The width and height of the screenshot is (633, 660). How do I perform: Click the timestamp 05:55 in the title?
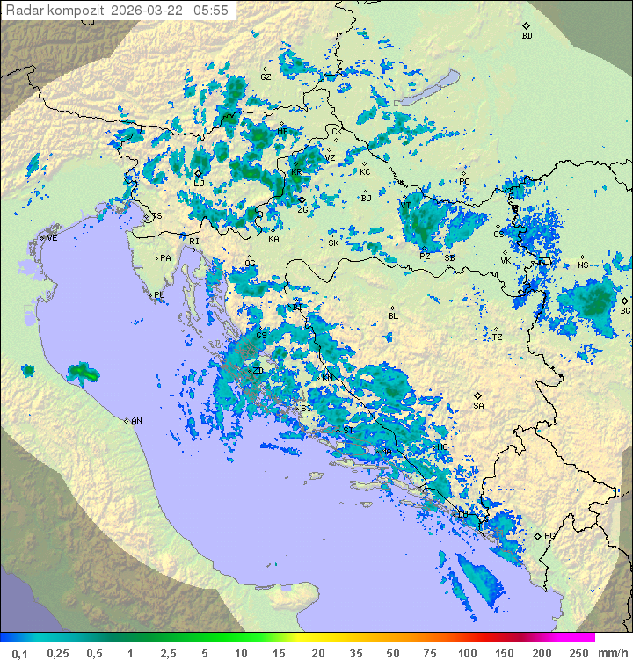pyautogui.click(x=210, y=10)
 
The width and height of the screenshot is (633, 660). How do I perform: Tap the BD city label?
pyautogui.click(x=527, y=36)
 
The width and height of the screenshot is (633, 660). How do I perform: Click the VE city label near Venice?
pyautogui.click(x=52, y=238)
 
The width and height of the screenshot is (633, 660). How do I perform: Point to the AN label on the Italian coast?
pyautogui.click(x=136, y=421)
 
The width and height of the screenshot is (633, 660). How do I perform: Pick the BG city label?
pyautogui.click(x=625, y=311)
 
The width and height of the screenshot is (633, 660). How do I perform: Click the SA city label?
pyautogui.click(x=478, y=406)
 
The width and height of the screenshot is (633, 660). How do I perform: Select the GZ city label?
pyautogui.click(x=266, y=77)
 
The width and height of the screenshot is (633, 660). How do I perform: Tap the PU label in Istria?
pyautogui.click(x=159, y=295)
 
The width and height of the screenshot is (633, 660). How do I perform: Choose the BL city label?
pyautogui.click(x=393, y=316)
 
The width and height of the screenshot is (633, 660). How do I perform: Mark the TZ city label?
pyautogui.click(x=497, y=337)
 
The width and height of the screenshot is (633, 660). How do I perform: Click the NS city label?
pyautogui.click(x=583, y=265)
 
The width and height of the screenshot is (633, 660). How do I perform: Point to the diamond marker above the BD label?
pyautogui.click(x=526, y=25)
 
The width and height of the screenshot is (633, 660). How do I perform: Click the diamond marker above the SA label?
pyautogui.click(x=478, y=395)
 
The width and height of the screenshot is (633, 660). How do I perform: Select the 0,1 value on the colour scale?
pyautogui.click(x=19, y=653)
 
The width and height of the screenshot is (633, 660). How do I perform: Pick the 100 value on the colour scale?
pyautogui.click(x=467, y=653)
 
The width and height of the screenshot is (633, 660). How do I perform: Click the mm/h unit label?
pyautogui.click(x=613, y=653)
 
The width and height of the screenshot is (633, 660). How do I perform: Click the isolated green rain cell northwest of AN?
pyautogui.click(x=84, y=374)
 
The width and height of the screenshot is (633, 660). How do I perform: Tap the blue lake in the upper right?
pyautogui.click(x=448, y=79)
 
